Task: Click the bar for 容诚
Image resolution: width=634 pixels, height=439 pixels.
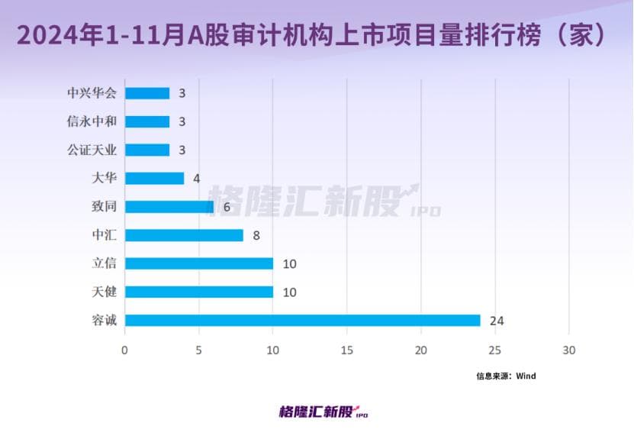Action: point(302,320)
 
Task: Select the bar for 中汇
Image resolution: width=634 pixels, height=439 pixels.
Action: point(184,235)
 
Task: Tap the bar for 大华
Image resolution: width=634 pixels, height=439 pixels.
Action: point(154,178)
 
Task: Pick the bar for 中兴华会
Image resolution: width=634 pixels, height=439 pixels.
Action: point(147,93)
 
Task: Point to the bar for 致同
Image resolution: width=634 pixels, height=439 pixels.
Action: point(169,206)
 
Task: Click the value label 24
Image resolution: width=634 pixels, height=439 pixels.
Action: point(497,321)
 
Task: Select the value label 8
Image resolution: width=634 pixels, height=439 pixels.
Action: point(256,235)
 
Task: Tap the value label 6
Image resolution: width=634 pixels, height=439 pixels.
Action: point(227,207)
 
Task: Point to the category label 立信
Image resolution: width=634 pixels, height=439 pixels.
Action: point(104,263)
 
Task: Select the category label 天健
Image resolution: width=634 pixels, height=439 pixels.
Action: point(104,292)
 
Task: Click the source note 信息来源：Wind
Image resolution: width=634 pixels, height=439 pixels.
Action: point(506,376)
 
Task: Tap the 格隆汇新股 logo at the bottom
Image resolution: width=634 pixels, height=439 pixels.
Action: point(323,412)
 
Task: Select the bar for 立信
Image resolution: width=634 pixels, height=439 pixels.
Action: point(199,263)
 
